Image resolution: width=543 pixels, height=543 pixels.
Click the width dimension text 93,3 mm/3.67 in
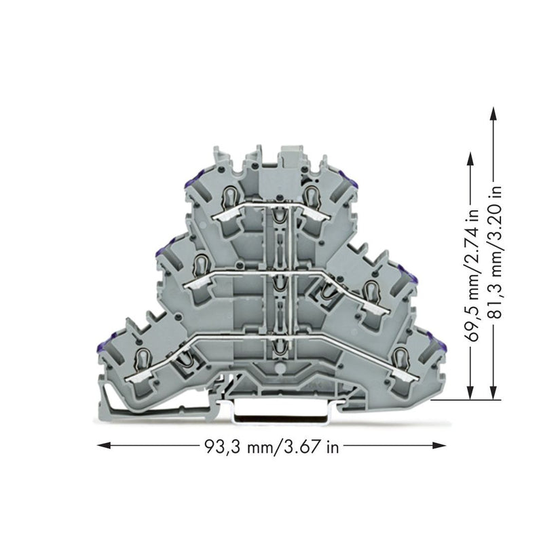[271, 447]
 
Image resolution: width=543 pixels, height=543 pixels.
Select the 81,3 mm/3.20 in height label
[495, 252]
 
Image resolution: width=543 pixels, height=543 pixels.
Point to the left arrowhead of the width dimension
[104, 445]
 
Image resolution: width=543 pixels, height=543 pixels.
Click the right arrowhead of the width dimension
[439, 445]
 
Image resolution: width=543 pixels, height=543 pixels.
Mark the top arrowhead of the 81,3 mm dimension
[493, 113]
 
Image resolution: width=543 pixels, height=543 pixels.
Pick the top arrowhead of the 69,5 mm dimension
[470, 160]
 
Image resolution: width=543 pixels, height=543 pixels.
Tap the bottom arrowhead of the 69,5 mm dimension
[470, 393]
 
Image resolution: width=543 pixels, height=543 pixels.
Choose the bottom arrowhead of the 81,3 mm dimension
[493, 393]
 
